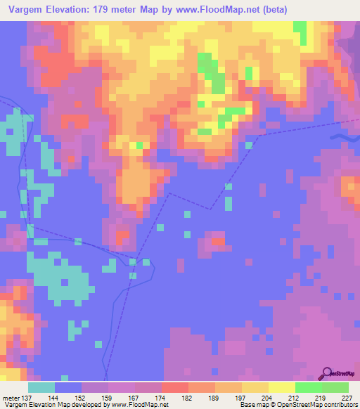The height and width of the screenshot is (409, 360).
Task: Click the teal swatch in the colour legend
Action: (x=41, y=387)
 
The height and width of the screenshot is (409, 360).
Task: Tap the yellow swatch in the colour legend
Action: (x=281, y=387)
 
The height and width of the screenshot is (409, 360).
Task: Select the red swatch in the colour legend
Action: (x=175, y=387)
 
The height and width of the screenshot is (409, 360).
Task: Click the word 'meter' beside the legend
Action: (x=11, y=398)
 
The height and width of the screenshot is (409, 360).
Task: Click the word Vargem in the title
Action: (x=27, y=11)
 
